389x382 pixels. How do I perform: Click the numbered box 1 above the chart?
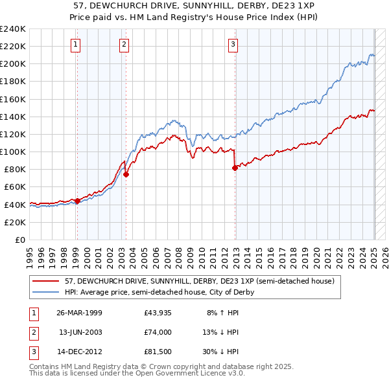click(x=76, y=45)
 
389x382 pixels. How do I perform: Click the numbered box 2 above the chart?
click(x=124, y=45)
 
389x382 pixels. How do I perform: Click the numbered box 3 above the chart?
click(x=233, y=45)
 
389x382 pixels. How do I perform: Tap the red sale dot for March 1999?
click(x=77, y=201)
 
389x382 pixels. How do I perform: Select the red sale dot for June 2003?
click(x=126, y=174)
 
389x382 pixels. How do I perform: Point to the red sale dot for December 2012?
click(x=234, y=168)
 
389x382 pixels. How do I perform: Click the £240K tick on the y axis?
click(x=13, y=29)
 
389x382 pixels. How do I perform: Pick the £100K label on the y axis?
click(x=13, y=152)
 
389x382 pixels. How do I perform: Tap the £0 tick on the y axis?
click(x=19, y=240)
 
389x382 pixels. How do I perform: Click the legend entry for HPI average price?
click(x=159, y=292)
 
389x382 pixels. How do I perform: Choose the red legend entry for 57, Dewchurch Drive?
click(x=200, y=281)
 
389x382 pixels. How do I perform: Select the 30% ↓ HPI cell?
click(x=225, y=352)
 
